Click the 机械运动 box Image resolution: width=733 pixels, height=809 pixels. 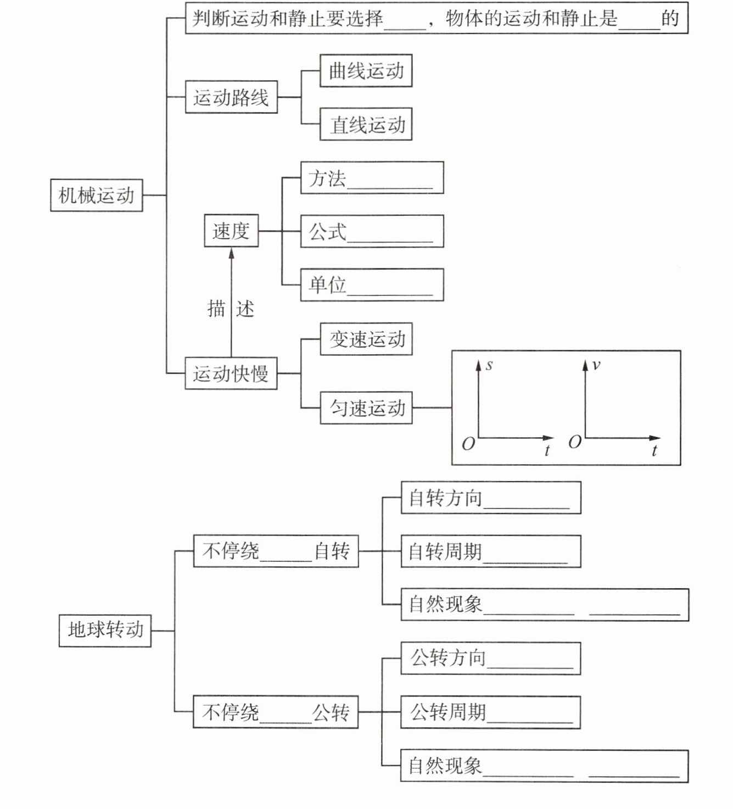[97, 195]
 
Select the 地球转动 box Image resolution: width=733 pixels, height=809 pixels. [105, 630]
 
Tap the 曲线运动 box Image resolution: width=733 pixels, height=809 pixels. [366, 71]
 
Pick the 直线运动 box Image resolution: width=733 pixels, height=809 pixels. [366, 125]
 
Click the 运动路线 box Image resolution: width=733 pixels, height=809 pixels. [231, 98]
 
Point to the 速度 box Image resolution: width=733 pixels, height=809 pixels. [231, 231]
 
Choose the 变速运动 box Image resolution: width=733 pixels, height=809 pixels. [366, 339]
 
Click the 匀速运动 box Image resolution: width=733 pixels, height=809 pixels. [366, 408]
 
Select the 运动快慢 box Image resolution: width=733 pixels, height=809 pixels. [231, 374]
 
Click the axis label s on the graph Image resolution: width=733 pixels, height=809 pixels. [489, 365]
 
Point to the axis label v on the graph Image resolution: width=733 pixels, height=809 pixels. [596, 365]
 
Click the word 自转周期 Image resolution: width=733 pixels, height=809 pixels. [445, 551]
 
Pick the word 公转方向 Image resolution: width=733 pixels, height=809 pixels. [448, 657]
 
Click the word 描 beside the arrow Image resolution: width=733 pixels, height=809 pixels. [216, 309]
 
